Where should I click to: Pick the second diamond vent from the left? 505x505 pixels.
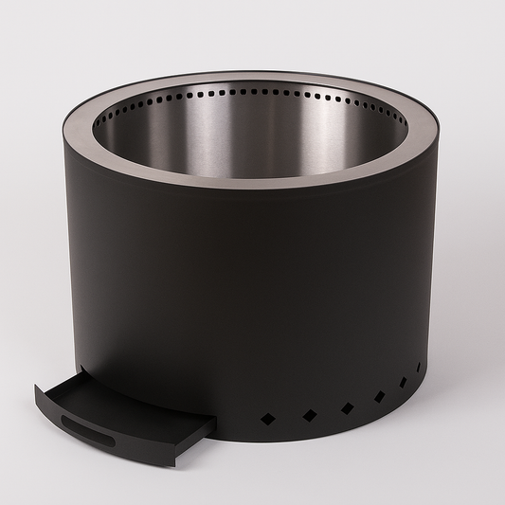point(309,415)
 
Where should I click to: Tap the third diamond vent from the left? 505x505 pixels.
point(347,408)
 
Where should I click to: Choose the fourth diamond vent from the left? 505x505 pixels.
point(379,397)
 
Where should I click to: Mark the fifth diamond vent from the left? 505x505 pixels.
point(403,383)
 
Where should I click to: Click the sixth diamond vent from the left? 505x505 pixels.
point(419,366)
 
